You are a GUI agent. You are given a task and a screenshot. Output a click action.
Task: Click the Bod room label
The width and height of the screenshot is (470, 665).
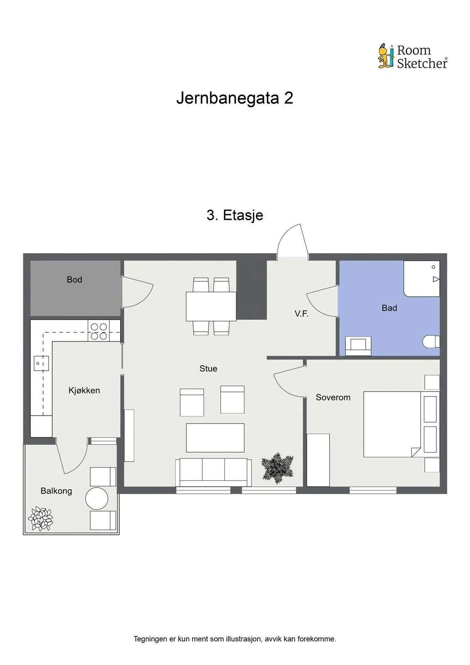click(x=74, y=280)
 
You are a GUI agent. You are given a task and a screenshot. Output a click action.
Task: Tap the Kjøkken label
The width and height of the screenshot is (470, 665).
click(x=84, y=390)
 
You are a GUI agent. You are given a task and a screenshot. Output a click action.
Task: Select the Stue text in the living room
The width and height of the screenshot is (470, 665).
click(x=208, y=368)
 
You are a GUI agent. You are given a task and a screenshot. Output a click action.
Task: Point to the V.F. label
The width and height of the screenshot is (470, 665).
click(x=301, y=313)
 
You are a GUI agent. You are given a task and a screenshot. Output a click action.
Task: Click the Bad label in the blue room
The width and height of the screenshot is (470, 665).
click(x=389, y=308)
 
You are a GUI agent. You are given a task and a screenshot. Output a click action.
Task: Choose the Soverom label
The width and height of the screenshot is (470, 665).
click(x=333, y=397)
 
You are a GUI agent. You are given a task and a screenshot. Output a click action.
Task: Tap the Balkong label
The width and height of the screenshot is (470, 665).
click(x=56, y=491)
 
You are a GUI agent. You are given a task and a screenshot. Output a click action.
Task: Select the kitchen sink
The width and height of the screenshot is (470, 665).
click(x=41, y=363)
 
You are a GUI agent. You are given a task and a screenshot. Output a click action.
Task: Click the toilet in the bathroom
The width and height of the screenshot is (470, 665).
click(x=431, y=341)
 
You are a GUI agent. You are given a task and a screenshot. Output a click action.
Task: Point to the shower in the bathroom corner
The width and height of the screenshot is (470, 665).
click(x=422, y=278)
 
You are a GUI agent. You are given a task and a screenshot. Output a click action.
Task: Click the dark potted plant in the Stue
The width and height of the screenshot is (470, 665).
click(x=277, y=468)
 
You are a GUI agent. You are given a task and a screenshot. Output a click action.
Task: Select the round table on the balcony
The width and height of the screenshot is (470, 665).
click(x=96, y=498)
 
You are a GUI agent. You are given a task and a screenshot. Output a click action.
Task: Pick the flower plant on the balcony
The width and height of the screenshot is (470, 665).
click(x=40, y=519)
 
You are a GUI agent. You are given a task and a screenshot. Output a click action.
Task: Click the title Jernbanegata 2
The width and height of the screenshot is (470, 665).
click(x=234, y=98)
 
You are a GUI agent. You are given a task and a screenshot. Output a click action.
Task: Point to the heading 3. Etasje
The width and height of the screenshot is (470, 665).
click(x=235, y=215)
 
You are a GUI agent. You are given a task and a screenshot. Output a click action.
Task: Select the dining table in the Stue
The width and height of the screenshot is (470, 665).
click(x=211, y=306)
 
